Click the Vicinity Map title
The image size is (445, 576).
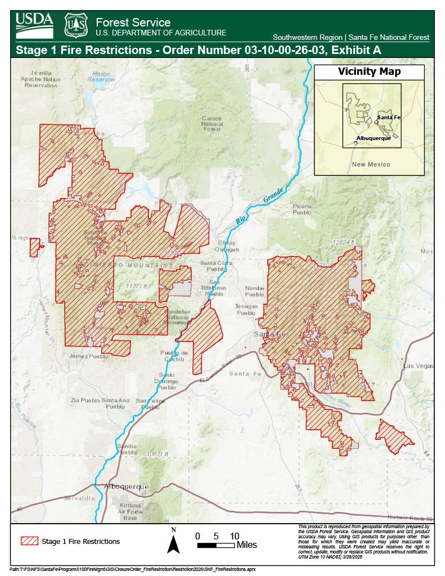click(x=369, y=72)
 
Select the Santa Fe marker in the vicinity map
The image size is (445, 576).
click(x=376, y=122)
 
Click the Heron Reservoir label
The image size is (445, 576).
click(x=101, y=76)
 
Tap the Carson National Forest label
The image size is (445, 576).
click(x=212, y=124)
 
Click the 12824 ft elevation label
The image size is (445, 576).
click(x=344, y=242)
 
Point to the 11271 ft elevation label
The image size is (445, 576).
click(x=137, y=286)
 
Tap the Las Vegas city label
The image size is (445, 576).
click(x=418, y=366)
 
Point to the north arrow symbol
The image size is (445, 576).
click(x=174, y=541)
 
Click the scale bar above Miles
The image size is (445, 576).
click(x=215, y=545)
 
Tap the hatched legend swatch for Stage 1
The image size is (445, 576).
click(x=29, y=541)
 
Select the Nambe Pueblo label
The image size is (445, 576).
click(x=254, y=291)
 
